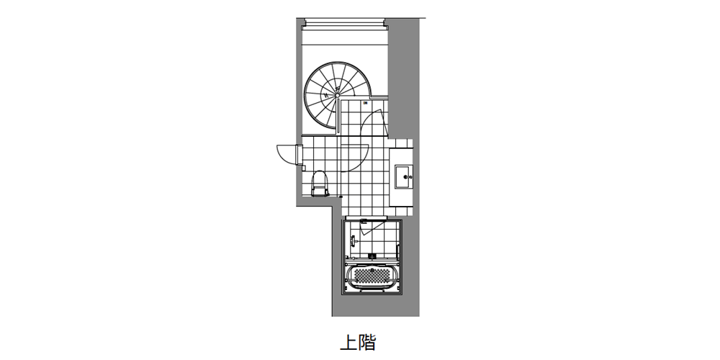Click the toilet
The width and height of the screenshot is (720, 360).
click(320, 182)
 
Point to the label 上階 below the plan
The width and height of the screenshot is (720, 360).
click(358, 341)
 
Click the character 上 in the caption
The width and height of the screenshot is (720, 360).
click(348, 341)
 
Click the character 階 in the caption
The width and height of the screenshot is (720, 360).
click(367, 341)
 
